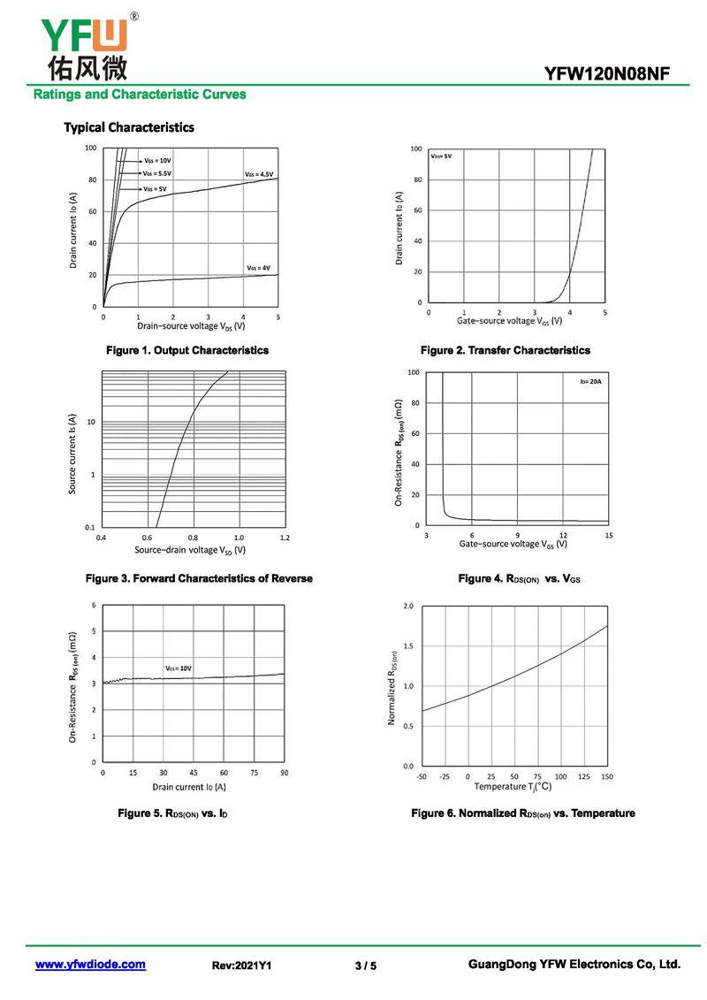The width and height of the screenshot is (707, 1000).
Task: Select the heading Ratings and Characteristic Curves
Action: (140, 95)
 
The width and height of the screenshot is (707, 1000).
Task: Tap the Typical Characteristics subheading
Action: (129, 127)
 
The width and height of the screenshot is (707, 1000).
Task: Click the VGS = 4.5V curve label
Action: (259, 174)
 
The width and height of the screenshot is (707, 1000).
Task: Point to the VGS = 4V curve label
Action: (259, 267)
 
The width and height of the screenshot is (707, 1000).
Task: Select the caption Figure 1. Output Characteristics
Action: (187, 351)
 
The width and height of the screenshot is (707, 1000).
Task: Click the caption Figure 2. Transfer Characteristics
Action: (506, 351)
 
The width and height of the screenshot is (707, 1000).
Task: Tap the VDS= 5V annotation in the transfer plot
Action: (442, 156)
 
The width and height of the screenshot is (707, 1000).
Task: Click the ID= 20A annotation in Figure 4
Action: (590, 381)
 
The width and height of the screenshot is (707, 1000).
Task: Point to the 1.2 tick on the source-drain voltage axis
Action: (284, 538)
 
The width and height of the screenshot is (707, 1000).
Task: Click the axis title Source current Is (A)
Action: (73, 454)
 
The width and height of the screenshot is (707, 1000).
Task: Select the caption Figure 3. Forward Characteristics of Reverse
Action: (199, 579)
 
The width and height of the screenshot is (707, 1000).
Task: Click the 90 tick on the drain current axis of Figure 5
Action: (284, 773)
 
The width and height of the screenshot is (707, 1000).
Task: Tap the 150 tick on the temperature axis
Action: (607, 776)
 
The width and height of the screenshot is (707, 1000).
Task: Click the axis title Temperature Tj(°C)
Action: (513, 787)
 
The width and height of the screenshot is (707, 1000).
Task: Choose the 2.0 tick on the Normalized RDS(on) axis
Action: (408, 607)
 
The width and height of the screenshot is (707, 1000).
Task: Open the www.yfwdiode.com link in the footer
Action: (90, 965)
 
